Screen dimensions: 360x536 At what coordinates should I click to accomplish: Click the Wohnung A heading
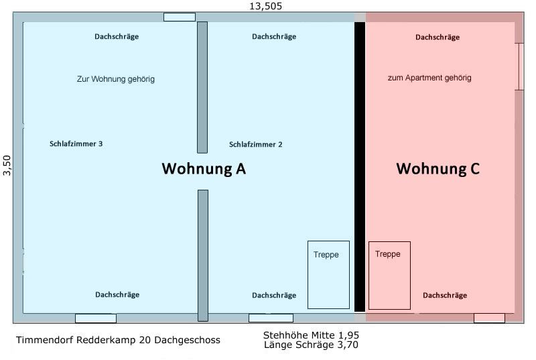pyautogui.click(x=204, y=169)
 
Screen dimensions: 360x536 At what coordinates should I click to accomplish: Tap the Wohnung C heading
pyautogui.click(x=438, y=168)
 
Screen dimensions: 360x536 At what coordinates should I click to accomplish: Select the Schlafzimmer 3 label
pyautogui.click(x=76, y=143)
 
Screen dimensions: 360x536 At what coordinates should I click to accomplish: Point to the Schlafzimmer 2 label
pyautogui.click(x=256, y=144)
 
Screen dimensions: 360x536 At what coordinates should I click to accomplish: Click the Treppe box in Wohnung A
pyautogui.click(x=328, y=274)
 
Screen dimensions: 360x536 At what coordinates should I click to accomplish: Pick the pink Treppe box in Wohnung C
pyautogui.click(x=389, y=275)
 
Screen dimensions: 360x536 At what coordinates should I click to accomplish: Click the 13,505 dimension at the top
pyautogui.click(x=266, y=6)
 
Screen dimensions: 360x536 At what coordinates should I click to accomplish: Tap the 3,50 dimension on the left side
pyautogui.click(x=7, y=165)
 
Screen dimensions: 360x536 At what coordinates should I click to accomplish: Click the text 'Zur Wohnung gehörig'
pyautogui.click(x=116, y=79)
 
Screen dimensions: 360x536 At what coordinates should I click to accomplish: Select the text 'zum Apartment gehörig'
pyautogui.click(x=429, y=78)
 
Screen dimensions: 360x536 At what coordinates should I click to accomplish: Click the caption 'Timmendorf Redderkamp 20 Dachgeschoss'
pyautogui.click(x=118, y=341)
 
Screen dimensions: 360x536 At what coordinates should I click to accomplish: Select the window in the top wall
pyautogui.click(x=180, y=17)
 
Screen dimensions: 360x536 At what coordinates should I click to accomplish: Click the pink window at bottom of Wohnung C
pyautogui.click(x=489, y=318)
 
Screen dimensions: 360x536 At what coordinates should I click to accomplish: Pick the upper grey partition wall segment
pyautogui.click(x=202, y=87)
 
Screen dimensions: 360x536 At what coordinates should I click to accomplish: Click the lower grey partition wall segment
pyautogui.click(x=202, y=255)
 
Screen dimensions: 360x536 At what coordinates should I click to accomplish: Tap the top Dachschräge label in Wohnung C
pyautogui.click(x=438, y=38)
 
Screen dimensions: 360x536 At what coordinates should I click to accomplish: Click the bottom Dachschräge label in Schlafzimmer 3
pyautogui.click(x=117, y=294)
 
